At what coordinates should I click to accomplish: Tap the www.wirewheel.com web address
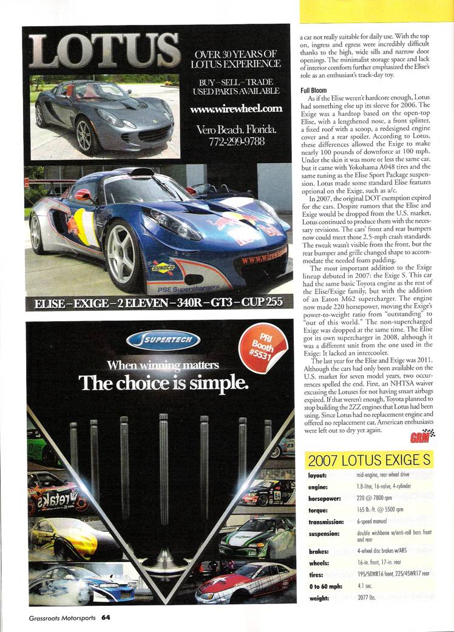(x=236, y=109)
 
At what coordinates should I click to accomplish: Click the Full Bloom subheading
(x=314, y=90)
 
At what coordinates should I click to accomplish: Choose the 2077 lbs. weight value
(x=368, y=598)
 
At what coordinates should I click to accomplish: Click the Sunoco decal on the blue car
(x=163, y=267)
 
